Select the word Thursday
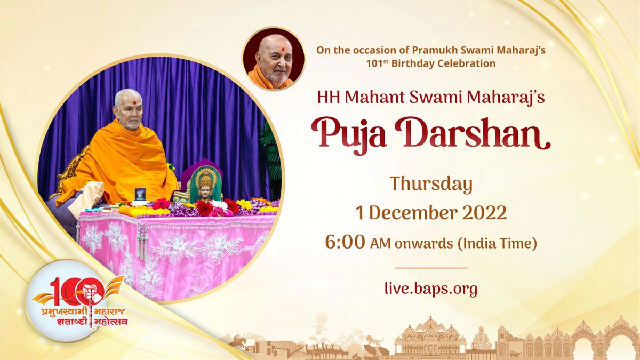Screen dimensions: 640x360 [431, 185]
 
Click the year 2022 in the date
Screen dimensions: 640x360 [484, 213]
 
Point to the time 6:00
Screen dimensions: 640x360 [345, 243]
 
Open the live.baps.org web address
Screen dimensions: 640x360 [431, 289]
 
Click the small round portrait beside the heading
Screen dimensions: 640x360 [274, 59]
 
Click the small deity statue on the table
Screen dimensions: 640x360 [205, 186]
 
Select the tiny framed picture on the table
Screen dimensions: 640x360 [140, 194]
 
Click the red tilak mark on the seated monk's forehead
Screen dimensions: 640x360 [134, 103]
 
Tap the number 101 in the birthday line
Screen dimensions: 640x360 [374, 63]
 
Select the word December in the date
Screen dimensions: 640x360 [414, 213]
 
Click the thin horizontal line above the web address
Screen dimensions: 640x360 [431, 268]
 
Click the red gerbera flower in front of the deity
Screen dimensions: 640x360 [205, 207]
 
